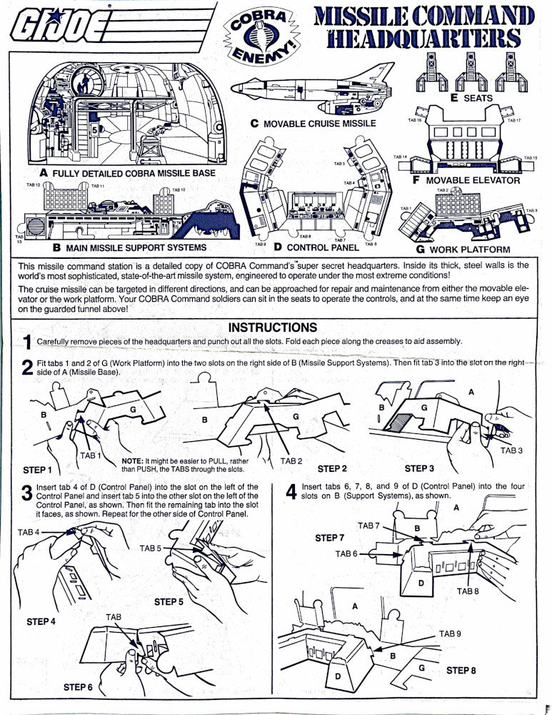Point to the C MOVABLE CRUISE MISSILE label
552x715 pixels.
point(313,124)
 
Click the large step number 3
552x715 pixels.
point(26,493)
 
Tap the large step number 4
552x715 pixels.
point(291,493)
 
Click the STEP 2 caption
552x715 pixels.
point(332,469)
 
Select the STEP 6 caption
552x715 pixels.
point(79,687)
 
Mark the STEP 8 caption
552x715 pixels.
point(461,670)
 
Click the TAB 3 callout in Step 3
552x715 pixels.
point(511,450)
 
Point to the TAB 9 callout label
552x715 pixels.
point(450,633)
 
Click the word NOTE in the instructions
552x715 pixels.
point(134,461)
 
